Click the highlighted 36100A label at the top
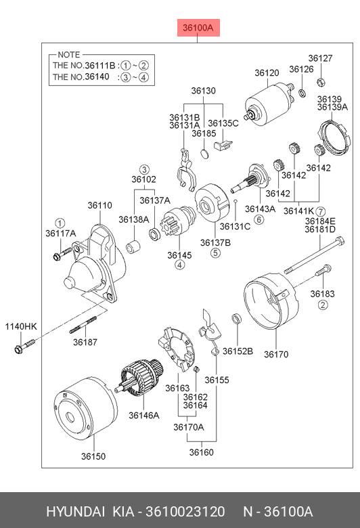[x=199, y=28]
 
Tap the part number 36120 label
[x=267, y=72]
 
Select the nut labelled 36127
[x=321, y=81]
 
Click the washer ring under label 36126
[x=302, y=93]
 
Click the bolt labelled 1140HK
[x=24, y=346]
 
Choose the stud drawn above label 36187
[x=83, y=325]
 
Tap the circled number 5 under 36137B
[x=216, y=252]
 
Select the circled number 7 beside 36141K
[x=320, y=211]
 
